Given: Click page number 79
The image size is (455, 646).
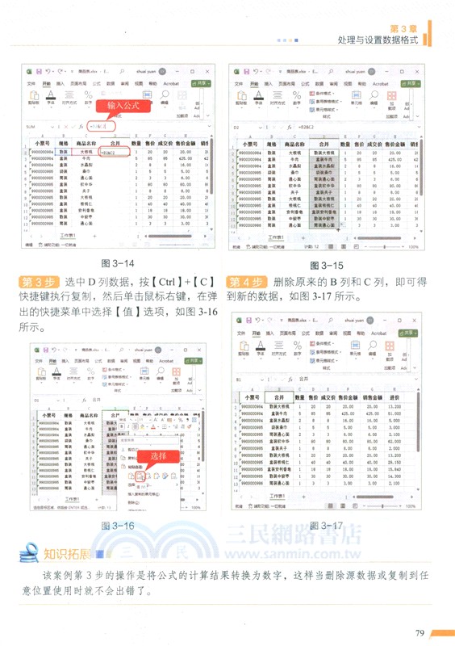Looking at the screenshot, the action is tap(420, 632).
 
